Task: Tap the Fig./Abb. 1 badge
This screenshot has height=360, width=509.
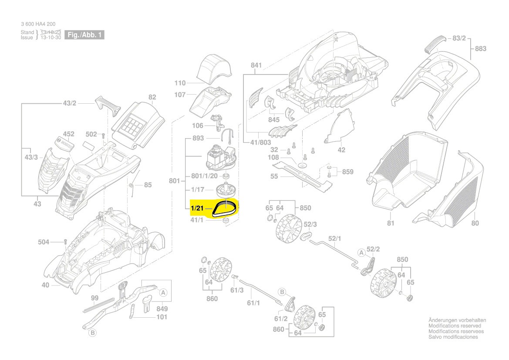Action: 84,35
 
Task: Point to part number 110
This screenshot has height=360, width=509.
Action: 180,83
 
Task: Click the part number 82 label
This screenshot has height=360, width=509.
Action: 152,97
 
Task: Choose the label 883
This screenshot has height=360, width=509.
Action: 480,49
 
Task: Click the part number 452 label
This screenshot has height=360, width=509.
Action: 69,134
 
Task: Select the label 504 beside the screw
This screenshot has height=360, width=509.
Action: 56,241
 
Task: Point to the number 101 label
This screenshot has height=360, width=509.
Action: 162,317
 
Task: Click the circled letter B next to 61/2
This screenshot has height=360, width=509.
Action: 282,291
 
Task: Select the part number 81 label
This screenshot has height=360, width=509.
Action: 390,224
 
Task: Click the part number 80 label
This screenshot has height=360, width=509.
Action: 475,224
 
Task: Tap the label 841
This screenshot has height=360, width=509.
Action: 256,65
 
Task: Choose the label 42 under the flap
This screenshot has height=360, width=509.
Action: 341,150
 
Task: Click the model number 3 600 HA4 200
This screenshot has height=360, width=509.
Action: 38,24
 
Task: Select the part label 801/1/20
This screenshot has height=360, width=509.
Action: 204,176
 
